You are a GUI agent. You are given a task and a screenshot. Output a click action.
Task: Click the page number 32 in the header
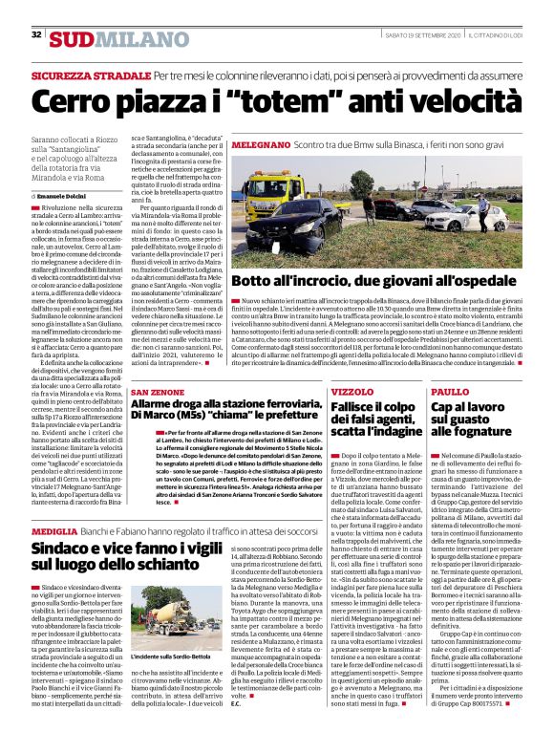[x=36, y=34]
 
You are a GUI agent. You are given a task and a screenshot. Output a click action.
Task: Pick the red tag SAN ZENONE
[x=157, y=392]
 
